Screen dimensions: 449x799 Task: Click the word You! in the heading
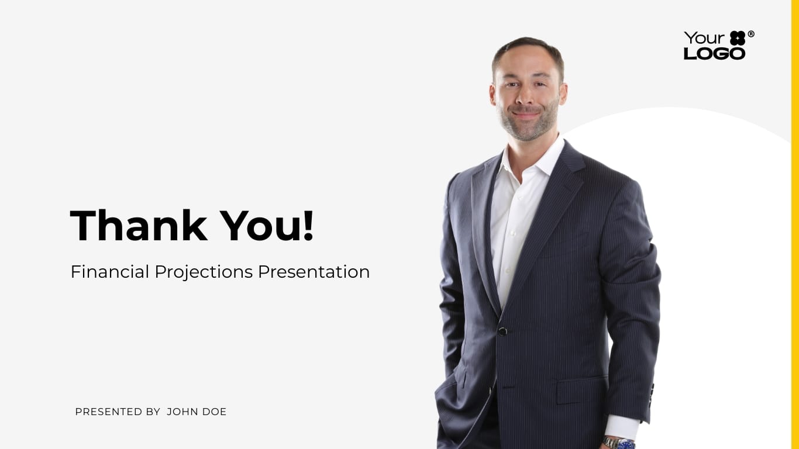267,226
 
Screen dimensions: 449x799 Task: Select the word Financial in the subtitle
109,272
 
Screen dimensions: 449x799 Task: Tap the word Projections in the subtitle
204,272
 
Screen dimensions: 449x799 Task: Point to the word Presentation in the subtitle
314,272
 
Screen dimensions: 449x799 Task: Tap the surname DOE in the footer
214,412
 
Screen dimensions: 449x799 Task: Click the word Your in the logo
704,38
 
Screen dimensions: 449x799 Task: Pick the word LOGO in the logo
714,53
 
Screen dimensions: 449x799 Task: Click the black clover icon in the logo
738,38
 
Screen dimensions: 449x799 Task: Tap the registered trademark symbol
751,34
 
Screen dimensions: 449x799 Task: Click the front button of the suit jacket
502,331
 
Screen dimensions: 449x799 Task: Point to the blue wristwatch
621,444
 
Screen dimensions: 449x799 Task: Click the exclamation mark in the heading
308,226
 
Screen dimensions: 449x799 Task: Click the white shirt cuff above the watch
622,427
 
